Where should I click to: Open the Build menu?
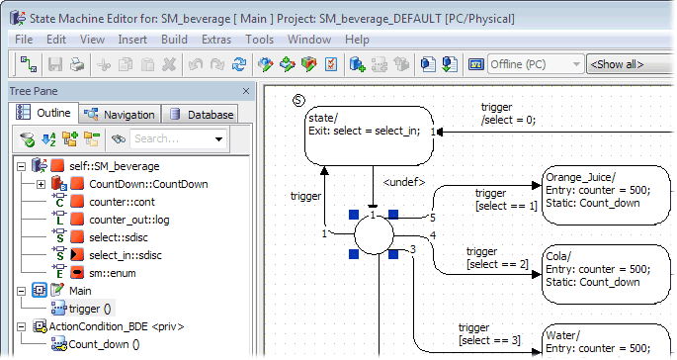174,40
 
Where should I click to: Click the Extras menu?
216,40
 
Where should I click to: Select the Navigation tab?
120,115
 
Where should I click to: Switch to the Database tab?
202,115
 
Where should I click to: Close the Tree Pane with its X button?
246,91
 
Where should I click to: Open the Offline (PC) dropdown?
536,64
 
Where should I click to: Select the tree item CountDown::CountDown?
148,184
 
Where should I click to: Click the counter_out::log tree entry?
129,220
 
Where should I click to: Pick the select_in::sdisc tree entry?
126,255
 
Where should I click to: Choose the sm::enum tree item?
113,273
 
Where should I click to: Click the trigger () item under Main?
90,309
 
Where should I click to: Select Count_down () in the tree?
104,344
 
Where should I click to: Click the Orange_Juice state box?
606,196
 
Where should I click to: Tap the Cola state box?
606,274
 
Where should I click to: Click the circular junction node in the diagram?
374,234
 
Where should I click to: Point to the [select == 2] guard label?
497,264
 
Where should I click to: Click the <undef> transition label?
403,182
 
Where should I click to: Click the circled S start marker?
298,101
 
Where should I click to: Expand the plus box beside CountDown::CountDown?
42,185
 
